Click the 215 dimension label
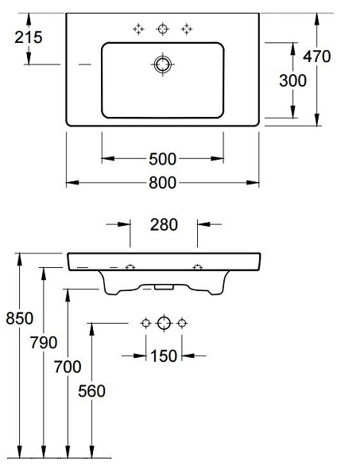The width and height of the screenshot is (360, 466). pyautogui.click(x=29, y=37)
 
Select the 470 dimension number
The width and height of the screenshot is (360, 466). pyautogui.click(x=316, y=56)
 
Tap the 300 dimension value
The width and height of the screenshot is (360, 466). pyautogui.click(x=293, y=80)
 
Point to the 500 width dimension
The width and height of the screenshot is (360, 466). pyautogui.click(x=162, y=159)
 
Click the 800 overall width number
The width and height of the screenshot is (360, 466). pyautogui.click(x=162, y=183)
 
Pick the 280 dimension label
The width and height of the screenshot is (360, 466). pyautogui.click(x=164, y=225)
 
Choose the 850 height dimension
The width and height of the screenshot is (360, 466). pyautogui.click(x=20, y=318)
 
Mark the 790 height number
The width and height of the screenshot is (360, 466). pyautogui.click(x=44, y=343)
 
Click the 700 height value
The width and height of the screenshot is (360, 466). pyautogui.click(x=68, y=367)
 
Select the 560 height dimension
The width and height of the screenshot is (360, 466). pyautogui.click(x=91, y=390)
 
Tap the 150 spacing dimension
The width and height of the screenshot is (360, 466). pyautogui.click(x=164, y=356)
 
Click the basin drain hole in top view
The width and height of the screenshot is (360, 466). pyautogui.click(x=163, y=64)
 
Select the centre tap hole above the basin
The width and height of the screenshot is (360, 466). pyautogui.click(x=162, y=29)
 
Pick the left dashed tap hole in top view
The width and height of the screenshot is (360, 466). pyautogui.click(x=138, y=29)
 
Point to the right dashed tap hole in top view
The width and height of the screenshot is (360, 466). pyautogui.click(x=187, y=29)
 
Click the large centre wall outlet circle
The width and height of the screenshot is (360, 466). pyautogui.click(x=164, y=323)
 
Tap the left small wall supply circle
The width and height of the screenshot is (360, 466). pyautogui.click(x=146, y=323)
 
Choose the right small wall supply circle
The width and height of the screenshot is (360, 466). pyautogui.click(x=182, y=323)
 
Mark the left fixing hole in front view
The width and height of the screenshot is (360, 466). pyautogui.click(x=130, y=267)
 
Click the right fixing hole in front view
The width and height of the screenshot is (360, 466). pyautogui.click(x=198, y=267)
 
